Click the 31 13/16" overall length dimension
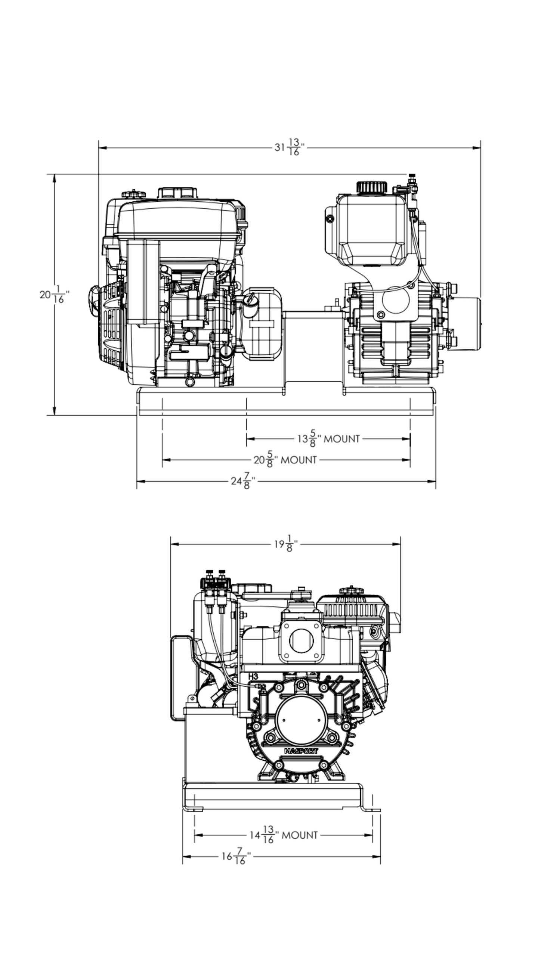[x=290, y=147]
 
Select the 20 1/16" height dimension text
[x=55, y=294]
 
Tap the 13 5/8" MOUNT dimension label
[x=328, y=438]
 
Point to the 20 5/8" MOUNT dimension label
[x=285, y=460]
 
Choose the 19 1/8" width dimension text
[x=287, y=544]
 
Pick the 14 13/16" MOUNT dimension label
[x=284, y=835]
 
